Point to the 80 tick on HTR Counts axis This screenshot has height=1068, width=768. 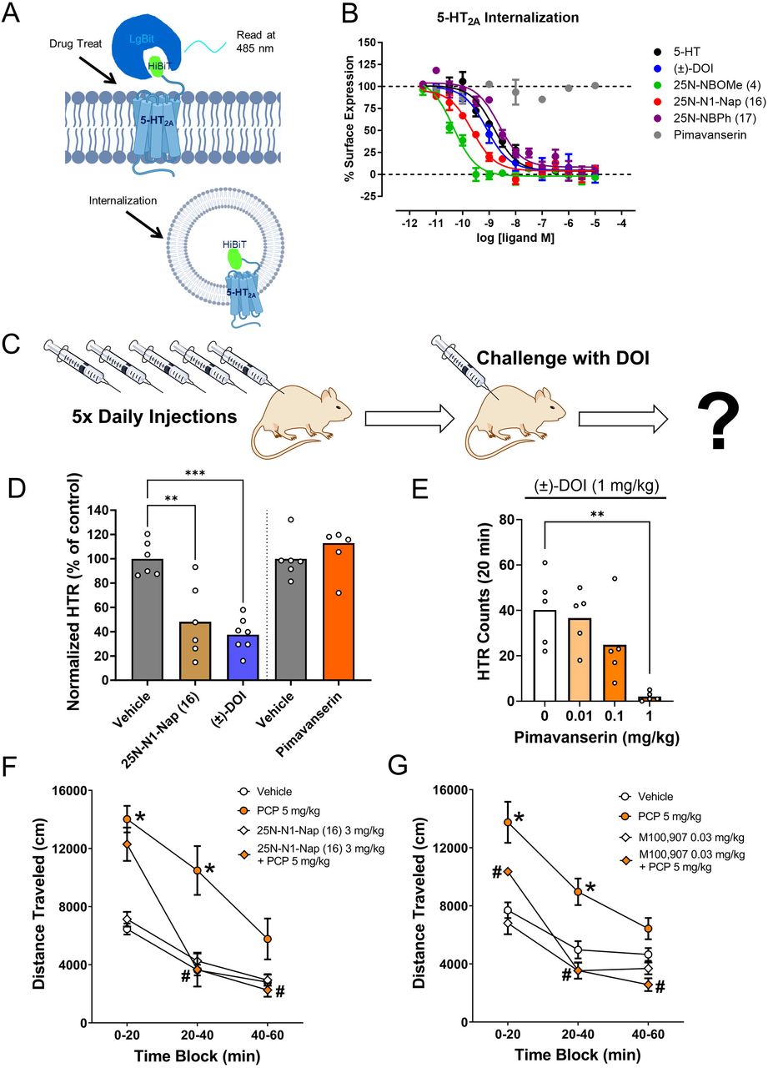(x=515, y=519)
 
